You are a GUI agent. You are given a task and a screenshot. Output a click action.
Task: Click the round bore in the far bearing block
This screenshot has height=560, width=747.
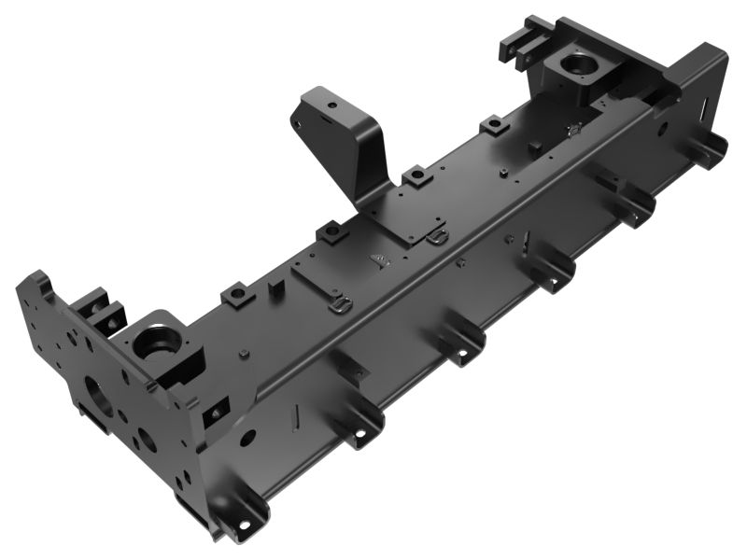pos(578,65)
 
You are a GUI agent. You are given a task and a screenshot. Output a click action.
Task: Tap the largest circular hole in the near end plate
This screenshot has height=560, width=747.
pos(98,395)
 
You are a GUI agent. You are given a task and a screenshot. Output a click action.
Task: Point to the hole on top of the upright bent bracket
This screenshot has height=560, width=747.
pos(330,105)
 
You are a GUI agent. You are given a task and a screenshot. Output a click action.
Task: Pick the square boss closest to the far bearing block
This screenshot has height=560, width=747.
pos(494,125)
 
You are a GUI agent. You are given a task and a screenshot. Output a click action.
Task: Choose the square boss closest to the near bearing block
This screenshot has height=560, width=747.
pos(236,295)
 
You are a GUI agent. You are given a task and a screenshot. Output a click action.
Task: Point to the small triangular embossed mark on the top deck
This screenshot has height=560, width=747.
pos(377,259)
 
